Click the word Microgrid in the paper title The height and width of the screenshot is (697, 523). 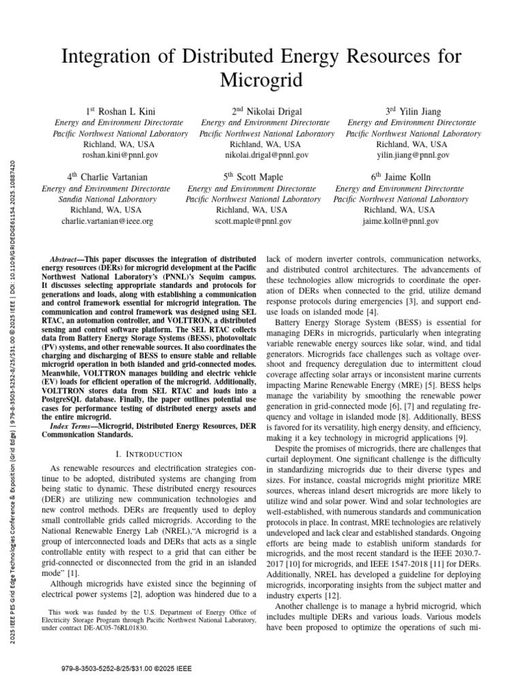pyautogui.click(x=261, y=80)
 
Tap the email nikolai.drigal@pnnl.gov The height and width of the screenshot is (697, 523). pyautogui.click(x=266, y=156)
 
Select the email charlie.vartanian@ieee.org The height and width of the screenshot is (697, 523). pyautogui.click(x=108, y=221)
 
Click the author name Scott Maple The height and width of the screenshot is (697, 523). pyautogui.click(x=257, y=177)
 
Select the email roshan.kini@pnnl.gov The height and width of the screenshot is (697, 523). pyautogui.click(x=118, y=156)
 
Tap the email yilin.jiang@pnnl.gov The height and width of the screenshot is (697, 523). pyautogui.click(x=414, y=156)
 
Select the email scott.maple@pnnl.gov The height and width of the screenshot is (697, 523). pyautogui.click(x=253, y=221)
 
